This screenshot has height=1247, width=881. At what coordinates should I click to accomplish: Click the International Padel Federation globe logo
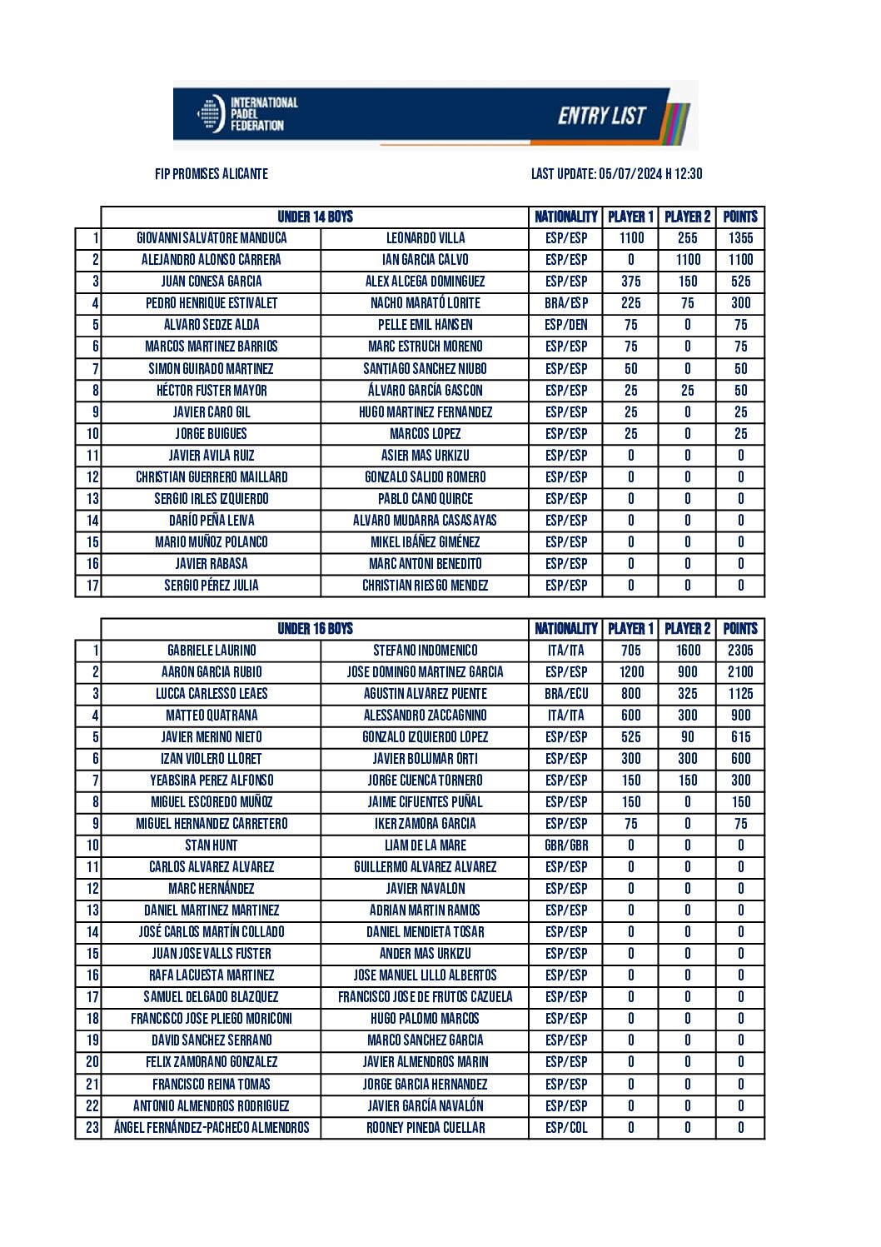[x=211, y=114]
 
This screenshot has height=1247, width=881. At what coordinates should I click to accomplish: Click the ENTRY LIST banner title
[x=601, y=116]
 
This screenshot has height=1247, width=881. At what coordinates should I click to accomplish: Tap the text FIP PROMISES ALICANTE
[x=212, y=174]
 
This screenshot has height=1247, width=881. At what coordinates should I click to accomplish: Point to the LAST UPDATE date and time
[x=616, y=174]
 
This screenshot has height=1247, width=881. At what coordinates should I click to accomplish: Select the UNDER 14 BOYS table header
[x=315, y=217]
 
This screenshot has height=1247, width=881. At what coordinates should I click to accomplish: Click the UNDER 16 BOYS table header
[x=315, y=629]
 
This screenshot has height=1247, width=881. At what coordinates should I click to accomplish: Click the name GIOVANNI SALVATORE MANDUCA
[x=212, y=238]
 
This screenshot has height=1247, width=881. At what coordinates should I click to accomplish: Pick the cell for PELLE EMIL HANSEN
[x=425, y=325]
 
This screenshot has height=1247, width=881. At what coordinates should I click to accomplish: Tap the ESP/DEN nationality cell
[x=566, y=325]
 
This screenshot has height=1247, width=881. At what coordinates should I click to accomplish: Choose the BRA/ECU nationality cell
[x=566, y=694]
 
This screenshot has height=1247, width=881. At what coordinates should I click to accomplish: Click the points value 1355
[x=740, y=238]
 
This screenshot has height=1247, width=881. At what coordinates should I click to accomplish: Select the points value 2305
[x=740, y=651]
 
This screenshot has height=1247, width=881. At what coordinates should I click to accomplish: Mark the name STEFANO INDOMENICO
[x=425, y=651]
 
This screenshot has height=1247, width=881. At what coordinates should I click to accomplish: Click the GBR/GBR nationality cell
[x=566, y=845]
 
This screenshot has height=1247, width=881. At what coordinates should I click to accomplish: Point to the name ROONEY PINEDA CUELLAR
[x=425, y=1128]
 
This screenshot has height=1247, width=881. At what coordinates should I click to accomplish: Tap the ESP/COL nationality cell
[x=566, y=1128]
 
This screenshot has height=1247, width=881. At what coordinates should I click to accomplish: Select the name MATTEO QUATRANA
[x=212, y=716]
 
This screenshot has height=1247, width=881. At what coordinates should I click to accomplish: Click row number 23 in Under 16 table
[x=92, y=1128]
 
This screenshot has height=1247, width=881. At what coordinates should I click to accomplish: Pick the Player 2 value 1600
[x=688, y=651]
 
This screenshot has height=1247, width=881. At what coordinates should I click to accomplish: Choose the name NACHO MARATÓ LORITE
[x=425, y=303]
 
